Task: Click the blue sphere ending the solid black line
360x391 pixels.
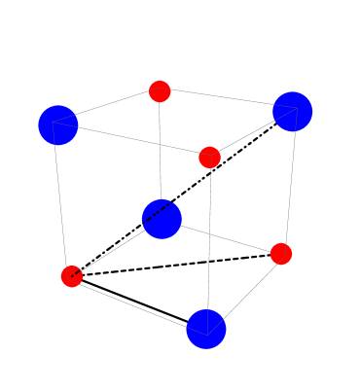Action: click(x=206, y=329)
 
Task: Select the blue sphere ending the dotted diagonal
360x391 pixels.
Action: click(x=292, y=111)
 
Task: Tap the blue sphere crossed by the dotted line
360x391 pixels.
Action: click(x=162, y=218)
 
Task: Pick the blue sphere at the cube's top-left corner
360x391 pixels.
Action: click(x=58, y=124)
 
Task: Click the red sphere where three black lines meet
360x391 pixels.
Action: click(x=72, y=276)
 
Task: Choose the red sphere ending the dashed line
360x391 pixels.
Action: click(x=281, y=254)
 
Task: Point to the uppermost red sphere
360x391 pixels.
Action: click(x=160, y=91)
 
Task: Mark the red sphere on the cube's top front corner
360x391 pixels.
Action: click(x=209, y=158)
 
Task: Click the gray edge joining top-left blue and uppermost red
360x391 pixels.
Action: click(x=109, y=108)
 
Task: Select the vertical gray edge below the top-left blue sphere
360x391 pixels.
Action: click(x=64, y=199)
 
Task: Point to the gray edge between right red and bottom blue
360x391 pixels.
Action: click(x=245, y=290)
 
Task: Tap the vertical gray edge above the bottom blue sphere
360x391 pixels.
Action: click(x=208, y=243)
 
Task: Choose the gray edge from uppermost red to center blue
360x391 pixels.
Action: click(x=161, y=151)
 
